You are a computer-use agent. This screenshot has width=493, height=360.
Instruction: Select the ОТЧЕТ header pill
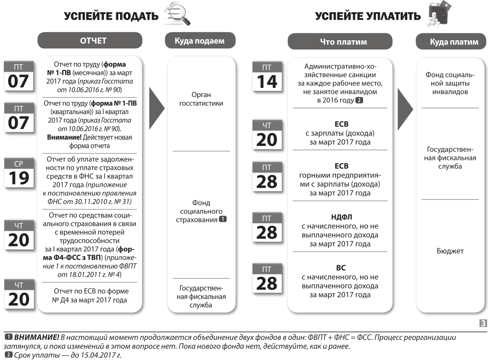pos(93,41)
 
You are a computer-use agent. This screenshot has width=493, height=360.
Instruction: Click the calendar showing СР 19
pos(18,174)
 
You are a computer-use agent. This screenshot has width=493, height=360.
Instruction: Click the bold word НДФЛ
pos(340,217)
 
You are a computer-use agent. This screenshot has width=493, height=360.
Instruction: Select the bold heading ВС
pos(340,268)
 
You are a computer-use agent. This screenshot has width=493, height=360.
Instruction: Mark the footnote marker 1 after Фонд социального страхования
pos(222,219)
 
